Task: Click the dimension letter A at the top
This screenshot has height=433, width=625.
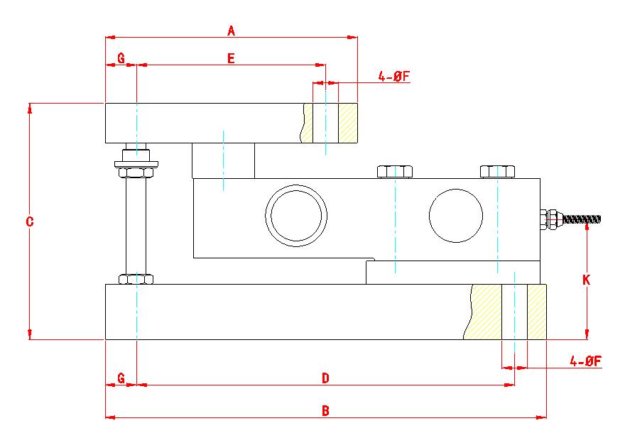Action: tap(232, 31)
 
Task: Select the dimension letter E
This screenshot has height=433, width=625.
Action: tap(231, 58)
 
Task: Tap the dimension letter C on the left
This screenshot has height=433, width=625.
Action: tap(30, 221)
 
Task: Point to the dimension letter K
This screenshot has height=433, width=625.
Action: tap(586, 280)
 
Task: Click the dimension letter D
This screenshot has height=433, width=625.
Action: tap(325, 378)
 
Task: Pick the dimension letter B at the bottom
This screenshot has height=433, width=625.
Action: tap(325, 411)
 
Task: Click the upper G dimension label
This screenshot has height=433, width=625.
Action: tap(121, 58)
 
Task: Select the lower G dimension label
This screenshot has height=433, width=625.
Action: tap(121, 378)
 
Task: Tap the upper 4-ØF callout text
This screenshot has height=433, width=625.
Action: tap(393, 76)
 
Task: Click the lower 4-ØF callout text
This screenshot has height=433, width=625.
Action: tap(585, 361)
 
